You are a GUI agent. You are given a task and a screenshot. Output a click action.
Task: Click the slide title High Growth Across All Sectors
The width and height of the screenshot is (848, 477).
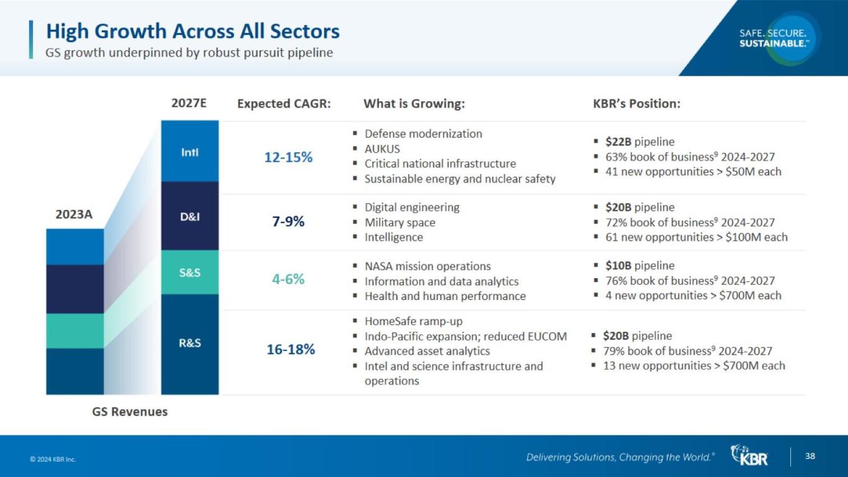point(193,31)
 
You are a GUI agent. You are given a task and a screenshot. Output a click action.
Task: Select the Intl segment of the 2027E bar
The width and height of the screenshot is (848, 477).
point(189,152)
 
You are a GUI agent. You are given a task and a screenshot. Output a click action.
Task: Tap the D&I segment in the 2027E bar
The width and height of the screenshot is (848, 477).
point(189,216)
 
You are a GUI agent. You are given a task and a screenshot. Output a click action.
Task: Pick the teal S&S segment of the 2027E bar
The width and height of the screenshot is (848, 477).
point(189,272)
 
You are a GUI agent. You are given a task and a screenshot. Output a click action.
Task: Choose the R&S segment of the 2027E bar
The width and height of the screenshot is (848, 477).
point(189,343)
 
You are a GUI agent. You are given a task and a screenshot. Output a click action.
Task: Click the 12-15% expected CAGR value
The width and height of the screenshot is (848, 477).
point(288,157)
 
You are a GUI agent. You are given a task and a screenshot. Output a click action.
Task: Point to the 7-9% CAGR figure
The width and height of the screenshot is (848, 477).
point(288,221)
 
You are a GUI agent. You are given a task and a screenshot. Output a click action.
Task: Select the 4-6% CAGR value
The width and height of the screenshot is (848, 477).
point(288,279)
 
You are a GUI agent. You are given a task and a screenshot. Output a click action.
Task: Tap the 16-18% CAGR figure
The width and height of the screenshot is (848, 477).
point(291,349)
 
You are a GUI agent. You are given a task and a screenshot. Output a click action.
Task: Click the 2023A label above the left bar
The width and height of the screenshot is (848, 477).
point(74,214)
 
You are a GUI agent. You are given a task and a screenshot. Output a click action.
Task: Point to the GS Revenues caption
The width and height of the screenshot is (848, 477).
point(130,411)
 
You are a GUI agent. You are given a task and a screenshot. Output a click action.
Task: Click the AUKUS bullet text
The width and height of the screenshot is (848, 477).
point(382,148)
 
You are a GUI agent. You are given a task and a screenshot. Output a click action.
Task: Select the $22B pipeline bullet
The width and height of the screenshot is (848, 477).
point(639,142)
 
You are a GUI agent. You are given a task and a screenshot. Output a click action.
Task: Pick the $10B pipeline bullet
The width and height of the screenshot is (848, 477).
point(639,266)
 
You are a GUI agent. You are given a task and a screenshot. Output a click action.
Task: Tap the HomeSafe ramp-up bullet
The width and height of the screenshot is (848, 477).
point(413,321)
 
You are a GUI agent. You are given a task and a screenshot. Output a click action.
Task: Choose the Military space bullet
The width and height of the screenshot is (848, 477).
point(399,222)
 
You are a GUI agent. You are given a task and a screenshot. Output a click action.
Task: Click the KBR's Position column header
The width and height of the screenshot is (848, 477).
point(637,104)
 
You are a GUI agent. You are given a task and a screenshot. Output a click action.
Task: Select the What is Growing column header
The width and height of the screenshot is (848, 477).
point(414,104)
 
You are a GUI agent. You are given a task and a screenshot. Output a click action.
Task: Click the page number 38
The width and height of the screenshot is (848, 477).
point(810,457)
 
